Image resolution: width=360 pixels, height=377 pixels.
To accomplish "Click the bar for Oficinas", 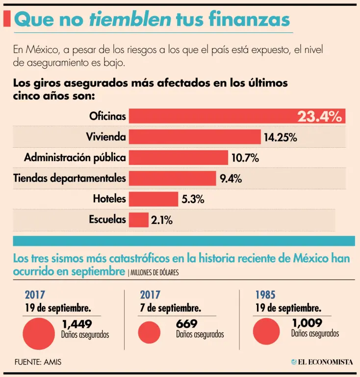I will (211, 116).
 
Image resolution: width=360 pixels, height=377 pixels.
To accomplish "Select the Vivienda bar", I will (194, 136).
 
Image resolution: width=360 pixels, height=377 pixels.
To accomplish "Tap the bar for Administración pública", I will (178, 158).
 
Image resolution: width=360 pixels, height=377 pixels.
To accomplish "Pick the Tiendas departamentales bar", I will (172, 178).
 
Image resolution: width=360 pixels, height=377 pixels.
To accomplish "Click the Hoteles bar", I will (153, 199).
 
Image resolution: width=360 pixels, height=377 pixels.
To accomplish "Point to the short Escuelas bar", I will (138, 220).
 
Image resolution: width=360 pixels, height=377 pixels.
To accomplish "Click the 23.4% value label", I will (319, 116).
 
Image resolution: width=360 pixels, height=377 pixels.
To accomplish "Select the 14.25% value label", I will (281, 137).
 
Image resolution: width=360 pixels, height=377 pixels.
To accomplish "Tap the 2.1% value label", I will (162, 220).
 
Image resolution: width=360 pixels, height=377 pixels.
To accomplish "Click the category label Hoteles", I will (109, 199).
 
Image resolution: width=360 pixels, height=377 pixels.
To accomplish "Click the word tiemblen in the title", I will (129, 19).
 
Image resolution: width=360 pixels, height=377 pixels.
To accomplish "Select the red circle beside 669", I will (150, 332).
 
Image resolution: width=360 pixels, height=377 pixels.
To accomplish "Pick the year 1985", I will (265, 295).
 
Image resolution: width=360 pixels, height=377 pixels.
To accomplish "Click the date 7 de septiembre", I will (170, 308).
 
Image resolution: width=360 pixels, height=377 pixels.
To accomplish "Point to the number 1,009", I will (307, 323).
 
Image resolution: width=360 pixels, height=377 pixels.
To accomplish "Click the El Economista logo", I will (322, 362).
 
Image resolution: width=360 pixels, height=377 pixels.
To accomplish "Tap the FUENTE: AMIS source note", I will (38, 362).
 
